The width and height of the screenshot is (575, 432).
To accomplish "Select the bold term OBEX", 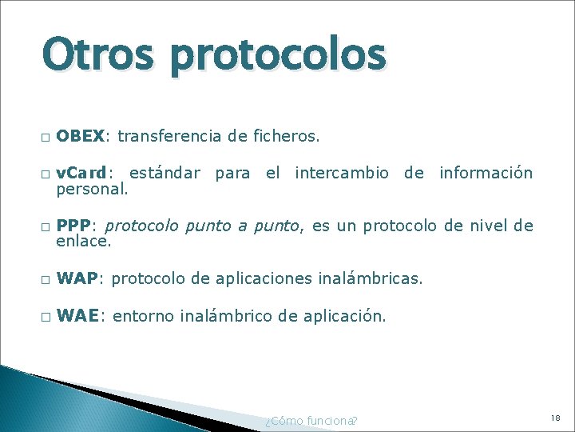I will pos(80,137).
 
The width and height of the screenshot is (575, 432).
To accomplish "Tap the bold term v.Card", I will pos(81,173).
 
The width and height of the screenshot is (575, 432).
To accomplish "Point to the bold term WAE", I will pos(77,316).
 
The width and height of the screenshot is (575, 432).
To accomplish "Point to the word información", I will pos(486,173).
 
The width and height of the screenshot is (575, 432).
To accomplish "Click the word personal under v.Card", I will pos(92,190).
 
